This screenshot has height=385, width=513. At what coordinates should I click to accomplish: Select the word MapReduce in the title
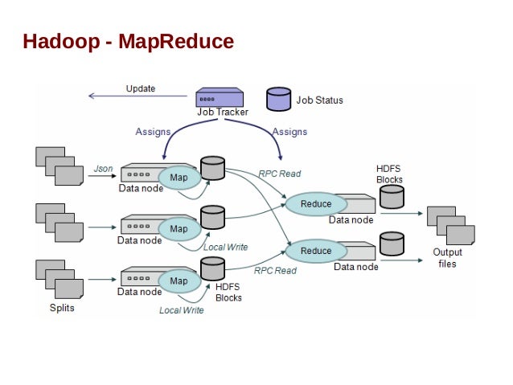(x=176, y=41)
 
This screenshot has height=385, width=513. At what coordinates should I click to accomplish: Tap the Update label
(x=141, y=88)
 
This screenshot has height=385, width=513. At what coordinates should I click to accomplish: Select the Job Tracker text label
(x=223, y=112)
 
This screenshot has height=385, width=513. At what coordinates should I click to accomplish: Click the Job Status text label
(x=319, y=100)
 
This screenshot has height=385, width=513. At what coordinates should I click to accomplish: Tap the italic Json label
(x=103, y=168)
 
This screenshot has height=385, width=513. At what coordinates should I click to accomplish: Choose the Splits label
(x=61, y=308)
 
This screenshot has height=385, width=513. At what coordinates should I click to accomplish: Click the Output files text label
(x=447, y=258)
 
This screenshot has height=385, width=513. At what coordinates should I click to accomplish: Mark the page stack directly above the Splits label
(x=60, y=278)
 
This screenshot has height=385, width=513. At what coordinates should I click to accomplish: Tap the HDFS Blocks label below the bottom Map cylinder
(x=228, y=292)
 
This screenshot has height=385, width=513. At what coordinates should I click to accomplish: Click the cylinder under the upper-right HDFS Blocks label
(x=391, y=197)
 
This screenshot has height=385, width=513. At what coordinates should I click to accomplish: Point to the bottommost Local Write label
(x=181, y=310)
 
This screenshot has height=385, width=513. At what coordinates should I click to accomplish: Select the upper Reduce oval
(x=315, y=203)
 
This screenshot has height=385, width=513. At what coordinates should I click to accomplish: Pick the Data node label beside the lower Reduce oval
(x=356, y=266)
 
